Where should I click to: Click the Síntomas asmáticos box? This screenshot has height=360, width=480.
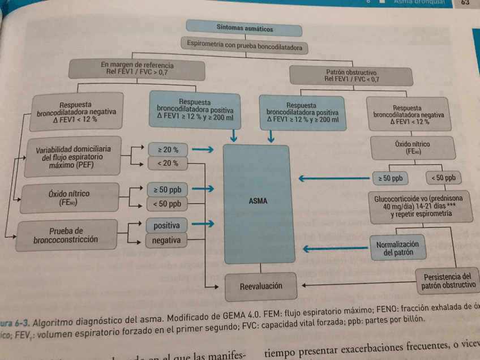pos(245,27)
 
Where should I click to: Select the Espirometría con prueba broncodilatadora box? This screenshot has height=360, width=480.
pos(244,45)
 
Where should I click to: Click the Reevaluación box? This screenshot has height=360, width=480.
pos(261,286)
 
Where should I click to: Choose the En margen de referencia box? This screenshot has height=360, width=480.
pos(138,68)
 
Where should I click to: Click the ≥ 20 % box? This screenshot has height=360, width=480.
pos(167,149)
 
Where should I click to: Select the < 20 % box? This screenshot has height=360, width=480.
pos(167,163)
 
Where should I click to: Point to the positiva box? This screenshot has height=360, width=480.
pos(166,225)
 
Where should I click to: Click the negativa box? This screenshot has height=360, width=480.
pos(166,241)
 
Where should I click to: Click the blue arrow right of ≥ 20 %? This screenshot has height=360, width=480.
pos(202,150)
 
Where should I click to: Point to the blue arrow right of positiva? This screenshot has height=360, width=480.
pos(202,225)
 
